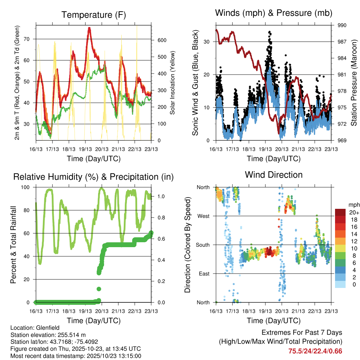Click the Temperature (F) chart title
[x=93, y=15]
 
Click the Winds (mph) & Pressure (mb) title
[x=274, y=13]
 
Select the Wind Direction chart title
[x=274, y=174]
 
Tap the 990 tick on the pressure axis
[x=342, y=25]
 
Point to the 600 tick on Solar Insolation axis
[x=157, y=40]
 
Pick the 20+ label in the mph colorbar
[x=354, y=213]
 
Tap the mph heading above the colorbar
[x=353, y=205]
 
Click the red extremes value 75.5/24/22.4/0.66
[x=315, y=351]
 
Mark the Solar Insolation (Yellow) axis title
[x=172, y=83]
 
